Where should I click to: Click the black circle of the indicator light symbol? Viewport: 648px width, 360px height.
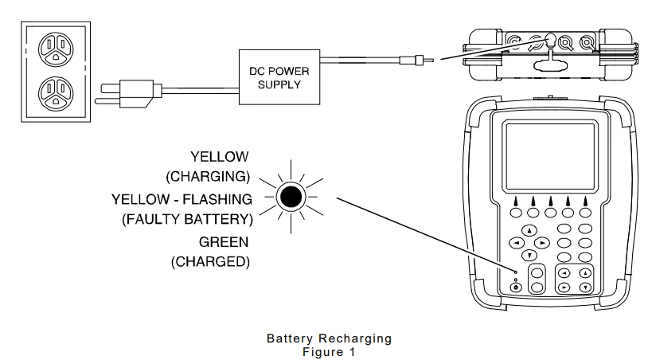[x=291, y=197]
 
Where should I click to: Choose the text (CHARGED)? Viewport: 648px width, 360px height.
[x=210, y=261]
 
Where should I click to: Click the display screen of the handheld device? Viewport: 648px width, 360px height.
[x=549, y=158]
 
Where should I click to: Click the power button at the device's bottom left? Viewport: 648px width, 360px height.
[x=517, y=288]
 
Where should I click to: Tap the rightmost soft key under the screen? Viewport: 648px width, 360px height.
[x=586, y=213]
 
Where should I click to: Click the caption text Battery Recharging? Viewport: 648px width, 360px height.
[x=329, y=338]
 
